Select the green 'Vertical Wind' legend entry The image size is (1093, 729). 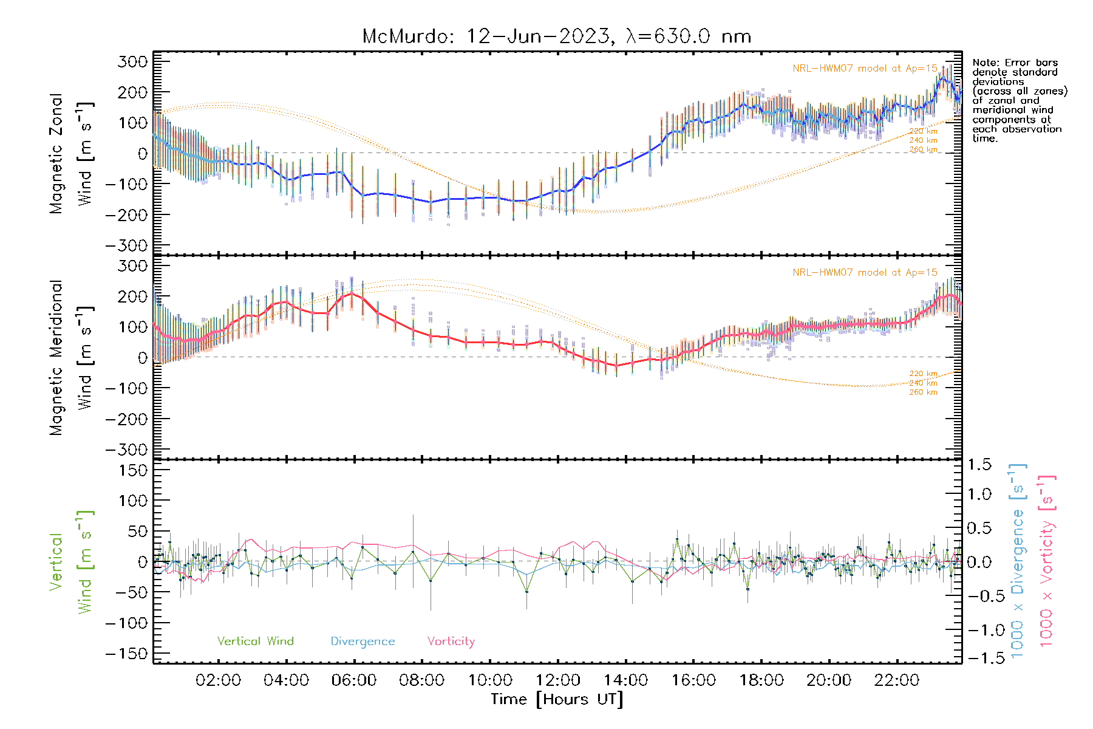[255, 641]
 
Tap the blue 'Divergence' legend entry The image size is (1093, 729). [363, 641]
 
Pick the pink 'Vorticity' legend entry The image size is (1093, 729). [451, 641]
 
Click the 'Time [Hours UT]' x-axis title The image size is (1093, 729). [557, 699]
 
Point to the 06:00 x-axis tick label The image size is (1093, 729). [354, 680]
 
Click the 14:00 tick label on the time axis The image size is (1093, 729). [625, 680]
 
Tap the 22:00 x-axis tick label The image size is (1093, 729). [897, 680]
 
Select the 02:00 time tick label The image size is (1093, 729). [218, 680]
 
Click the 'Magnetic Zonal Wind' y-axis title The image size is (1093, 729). [71, 153]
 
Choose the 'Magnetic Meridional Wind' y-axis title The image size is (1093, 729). [71, 357]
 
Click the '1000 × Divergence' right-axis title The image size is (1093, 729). [1018, 560]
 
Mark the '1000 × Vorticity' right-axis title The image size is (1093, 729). [1047, 560]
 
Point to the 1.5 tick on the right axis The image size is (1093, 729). [979, 465]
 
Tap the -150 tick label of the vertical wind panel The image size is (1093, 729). [126, 654]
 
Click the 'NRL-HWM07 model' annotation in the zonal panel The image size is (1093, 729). [865, 68]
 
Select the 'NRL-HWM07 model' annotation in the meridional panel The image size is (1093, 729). [865, 272]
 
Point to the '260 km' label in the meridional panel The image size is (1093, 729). [923, 392]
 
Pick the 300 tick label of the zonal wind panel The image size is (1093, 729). [133, 61]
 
